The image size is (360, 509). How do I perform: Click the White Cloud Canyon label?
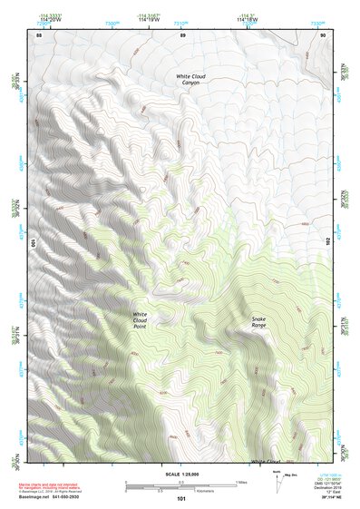point(191,79)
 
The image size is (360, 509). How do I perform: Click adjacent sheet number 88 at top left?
point(39,34)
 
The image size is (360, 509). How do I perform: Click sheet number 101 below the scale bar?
point(181,499)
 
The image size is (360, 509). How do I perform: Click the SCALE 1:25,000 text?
point(181,475)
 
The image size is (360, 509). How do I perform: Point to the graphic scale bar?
point(181,486)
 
